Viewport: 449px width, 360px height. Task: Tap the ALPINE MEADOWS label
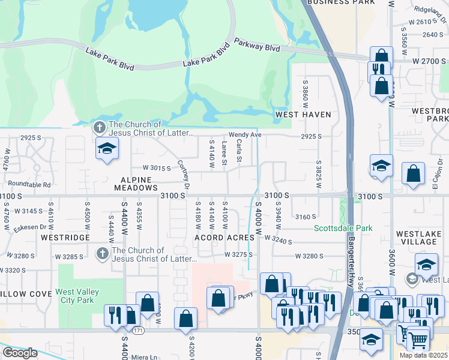click(139, 183)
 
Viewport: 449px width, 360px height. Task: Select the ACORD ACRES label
click(224, 238)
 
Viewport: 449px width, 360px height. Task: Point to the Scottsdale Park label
click(343, 228)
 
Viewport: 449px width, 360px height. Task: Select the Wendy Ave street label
click(244, 135)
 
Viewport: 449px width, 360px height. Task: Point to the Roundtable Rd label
click(29, 185)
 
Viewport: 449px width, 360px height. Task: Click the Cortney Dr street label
click(183, 175)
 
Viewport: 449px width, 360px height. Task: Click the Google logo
click(19, 353)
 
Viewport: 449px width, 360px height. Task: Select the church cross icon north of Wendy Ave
click(99, 127)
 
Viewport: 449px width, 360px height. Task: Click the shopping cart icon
click(418, 340)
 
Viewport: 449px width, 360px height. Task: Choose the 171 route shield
click(138, 331)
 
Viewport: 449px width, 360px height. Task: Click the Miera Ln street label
click(144, 357)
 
